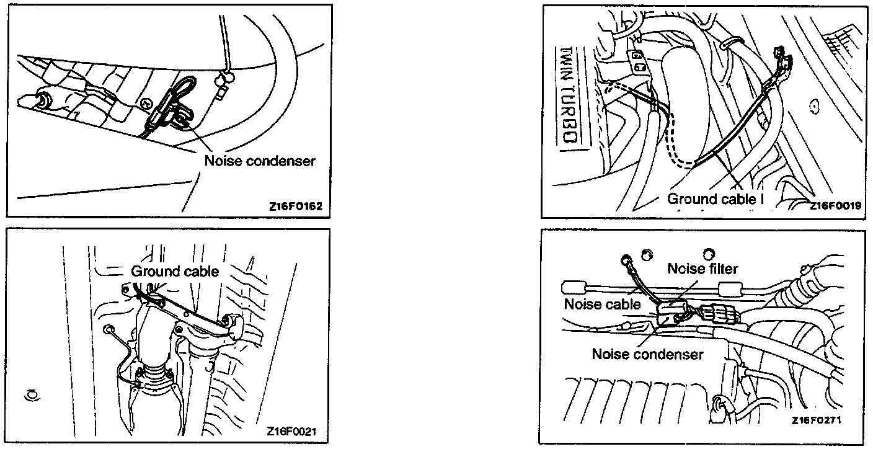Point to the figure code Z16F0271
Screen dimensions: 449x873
click(817, 420)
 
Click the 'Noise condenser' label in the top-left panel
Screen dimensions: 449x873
click(260, 161)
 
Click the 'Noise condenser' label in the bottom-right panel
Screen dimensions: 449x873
click(647, 354)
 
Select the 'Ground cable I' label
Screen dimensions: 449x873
click(715, 199)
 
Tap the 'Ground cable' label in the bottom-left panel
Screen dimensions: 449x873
click(175, 271)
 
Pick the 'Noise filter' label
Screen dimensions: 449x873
click(703, 269)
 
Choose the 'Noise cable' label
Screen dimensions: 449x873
click(601, 304)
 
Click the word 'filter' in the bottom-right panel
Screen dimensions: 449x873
click(724, 269)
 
